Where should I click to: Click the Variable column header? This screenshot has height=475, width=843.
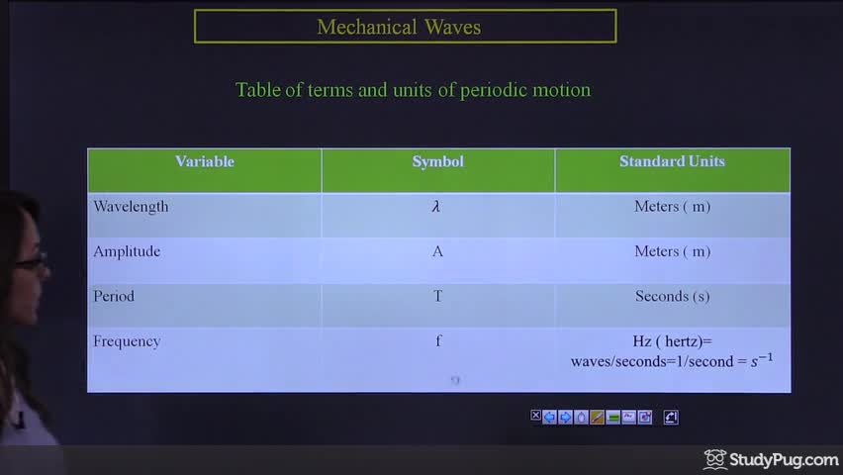205,161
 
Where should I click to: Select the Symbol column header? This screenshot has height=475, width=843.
438,161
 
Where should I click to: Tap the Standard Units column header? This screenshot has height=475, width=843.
672,161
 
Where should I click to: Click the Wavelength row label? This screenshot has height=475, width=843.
131,207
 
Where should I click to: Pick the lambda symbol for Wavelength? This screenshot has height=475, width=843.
436,207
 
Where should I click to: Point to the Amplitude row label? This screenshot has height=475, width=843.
127,251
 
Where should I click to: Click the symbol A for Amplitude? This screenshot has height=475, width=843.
437,251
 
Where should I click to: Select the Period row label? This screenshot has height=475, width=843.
114,297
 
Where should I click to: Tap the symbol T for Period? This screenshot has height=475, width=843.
437,297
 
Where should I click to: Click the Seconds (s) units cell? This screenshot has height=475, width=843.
673,297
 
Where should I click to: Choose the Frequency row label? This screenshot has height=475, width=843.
127,341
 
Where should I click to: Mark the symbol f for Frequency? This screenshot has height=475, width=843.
438,341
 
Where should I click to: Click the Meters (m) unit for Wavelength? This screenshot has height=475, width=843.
673,207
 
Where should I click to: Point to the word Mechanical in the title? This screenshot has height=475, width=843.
367,27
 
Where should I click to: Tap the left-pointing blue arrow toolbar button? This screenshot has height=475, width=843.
549,417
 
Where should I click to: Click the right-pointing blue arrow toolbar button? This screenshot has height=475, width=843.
565,417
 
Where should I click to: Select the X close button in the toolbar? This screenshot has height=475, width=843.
535,416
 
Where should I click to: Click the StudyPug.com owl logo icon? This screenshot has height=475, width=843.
715,459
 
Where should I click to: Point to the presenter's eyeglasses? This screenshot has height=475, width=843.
33,262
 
